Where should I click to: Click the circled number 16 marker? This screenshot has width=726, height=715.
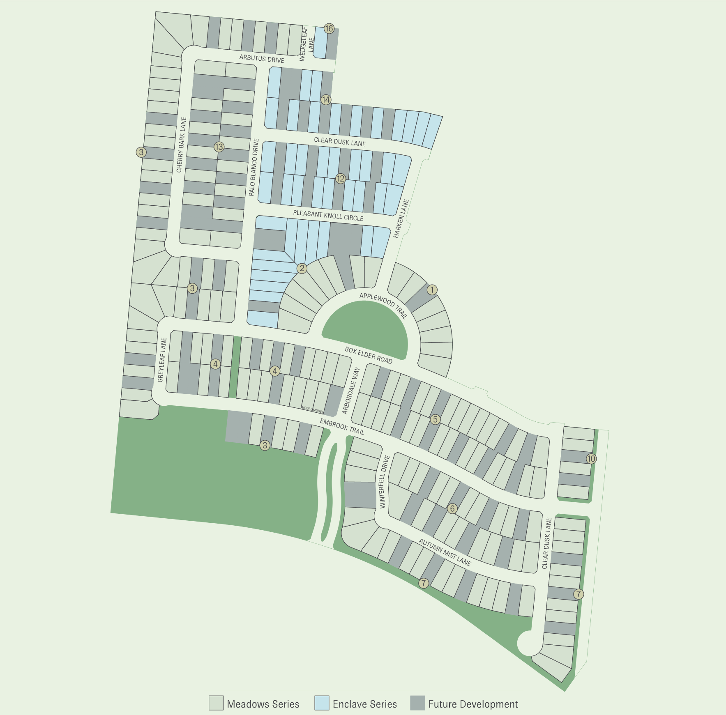tap(329, 28)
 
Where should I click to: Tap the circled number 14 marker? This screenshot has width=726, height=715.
tap(326, 100)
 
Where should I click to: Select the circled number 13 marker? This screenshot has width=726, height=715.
tap(219, 147)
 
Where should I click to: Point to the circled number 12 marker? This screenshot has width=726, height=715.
tap(340, 179)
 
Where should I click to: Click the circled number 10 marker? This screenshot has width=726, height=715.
tap(591, 459)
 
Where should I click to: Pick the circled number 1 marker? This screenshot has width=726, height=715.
tap(432, 290)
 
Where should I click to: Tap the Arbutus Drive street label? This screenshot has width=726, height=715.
tap(262, 59)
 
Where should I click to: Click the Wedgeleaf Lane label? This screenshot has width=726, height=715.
tap(307, 44)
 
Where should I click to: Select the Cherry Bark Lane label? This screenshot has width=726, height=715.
tap(181, 145)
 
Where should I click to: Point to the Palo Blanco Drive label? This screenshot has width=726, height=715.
tap(254, 167)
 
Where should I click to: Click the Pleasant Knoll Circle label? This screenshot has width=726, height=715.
tap(328, 216)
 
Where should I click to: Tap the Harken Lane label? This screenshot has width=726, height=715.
tap(401, 218)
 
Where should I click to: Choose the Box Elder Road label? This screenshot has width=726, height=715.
tap(368, 355)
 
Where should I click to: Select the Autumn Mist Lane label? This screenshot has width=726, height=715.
tap(445, 552)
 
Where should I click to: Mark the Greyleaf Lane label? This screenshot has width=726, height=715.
tap(162, 359)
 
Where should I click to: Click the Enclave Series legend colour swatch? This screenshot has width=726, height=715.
tap(322, 703)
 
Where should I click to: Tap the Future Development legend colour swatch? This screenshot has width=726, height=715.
tap(417, 703)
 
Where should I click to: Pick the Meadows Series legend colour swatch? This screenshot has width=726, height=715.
tap(216, 703)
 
